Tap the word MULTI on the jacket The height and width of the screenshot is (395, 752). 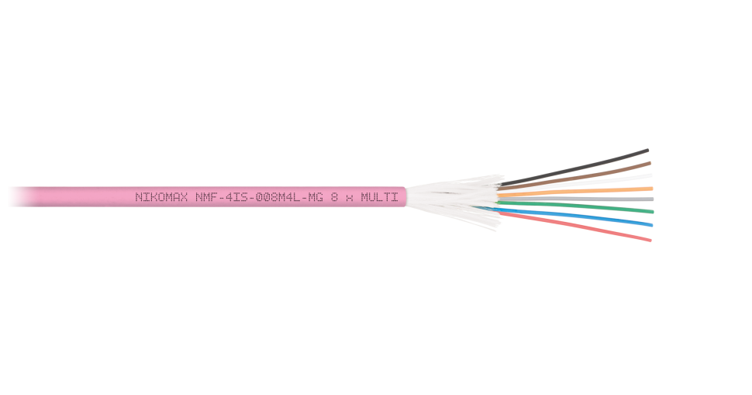pos(380,197)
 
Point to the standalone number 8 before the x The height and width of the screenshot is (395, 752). pos(333,197)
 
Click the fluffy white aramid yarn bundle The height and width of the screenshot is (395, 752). pos(450,198)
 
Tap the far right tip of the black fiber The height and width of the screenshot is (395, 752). pos(647,150)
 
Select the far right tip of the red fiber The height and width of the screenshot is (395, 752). pos(650,240)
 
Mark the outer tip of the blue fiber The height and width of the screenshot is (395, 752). pos(651,225)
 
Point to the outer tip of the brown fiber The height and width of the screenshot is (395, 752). pos(650,163)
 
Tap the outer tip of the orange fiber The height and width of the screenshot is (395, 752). pos(652,188)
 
